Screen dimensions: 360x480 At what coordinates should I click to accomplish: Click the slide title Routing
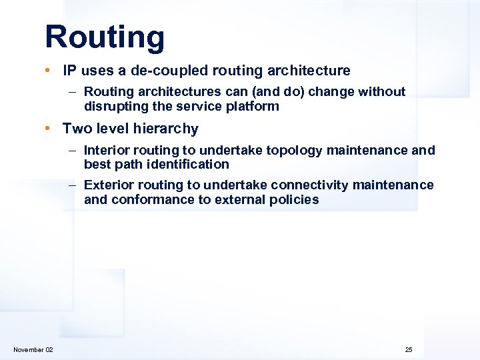pos(105,38)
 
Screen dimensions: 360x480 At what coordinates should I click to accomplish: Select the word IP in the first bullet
pos(69,71)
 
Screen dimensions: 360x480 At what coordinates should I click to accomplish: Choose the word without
pos(382,92)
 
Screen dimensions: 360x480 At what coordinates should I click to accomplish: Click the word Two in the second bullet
pos(75,128)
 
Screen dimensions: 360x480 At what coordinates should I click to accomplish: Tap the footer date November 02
pos(33,350)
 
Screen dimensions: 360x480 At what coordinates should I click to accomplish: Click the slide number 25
pos(408,350)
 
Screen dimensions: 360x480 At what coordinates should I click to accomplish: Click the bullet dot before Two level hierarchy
pos(51,129)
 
